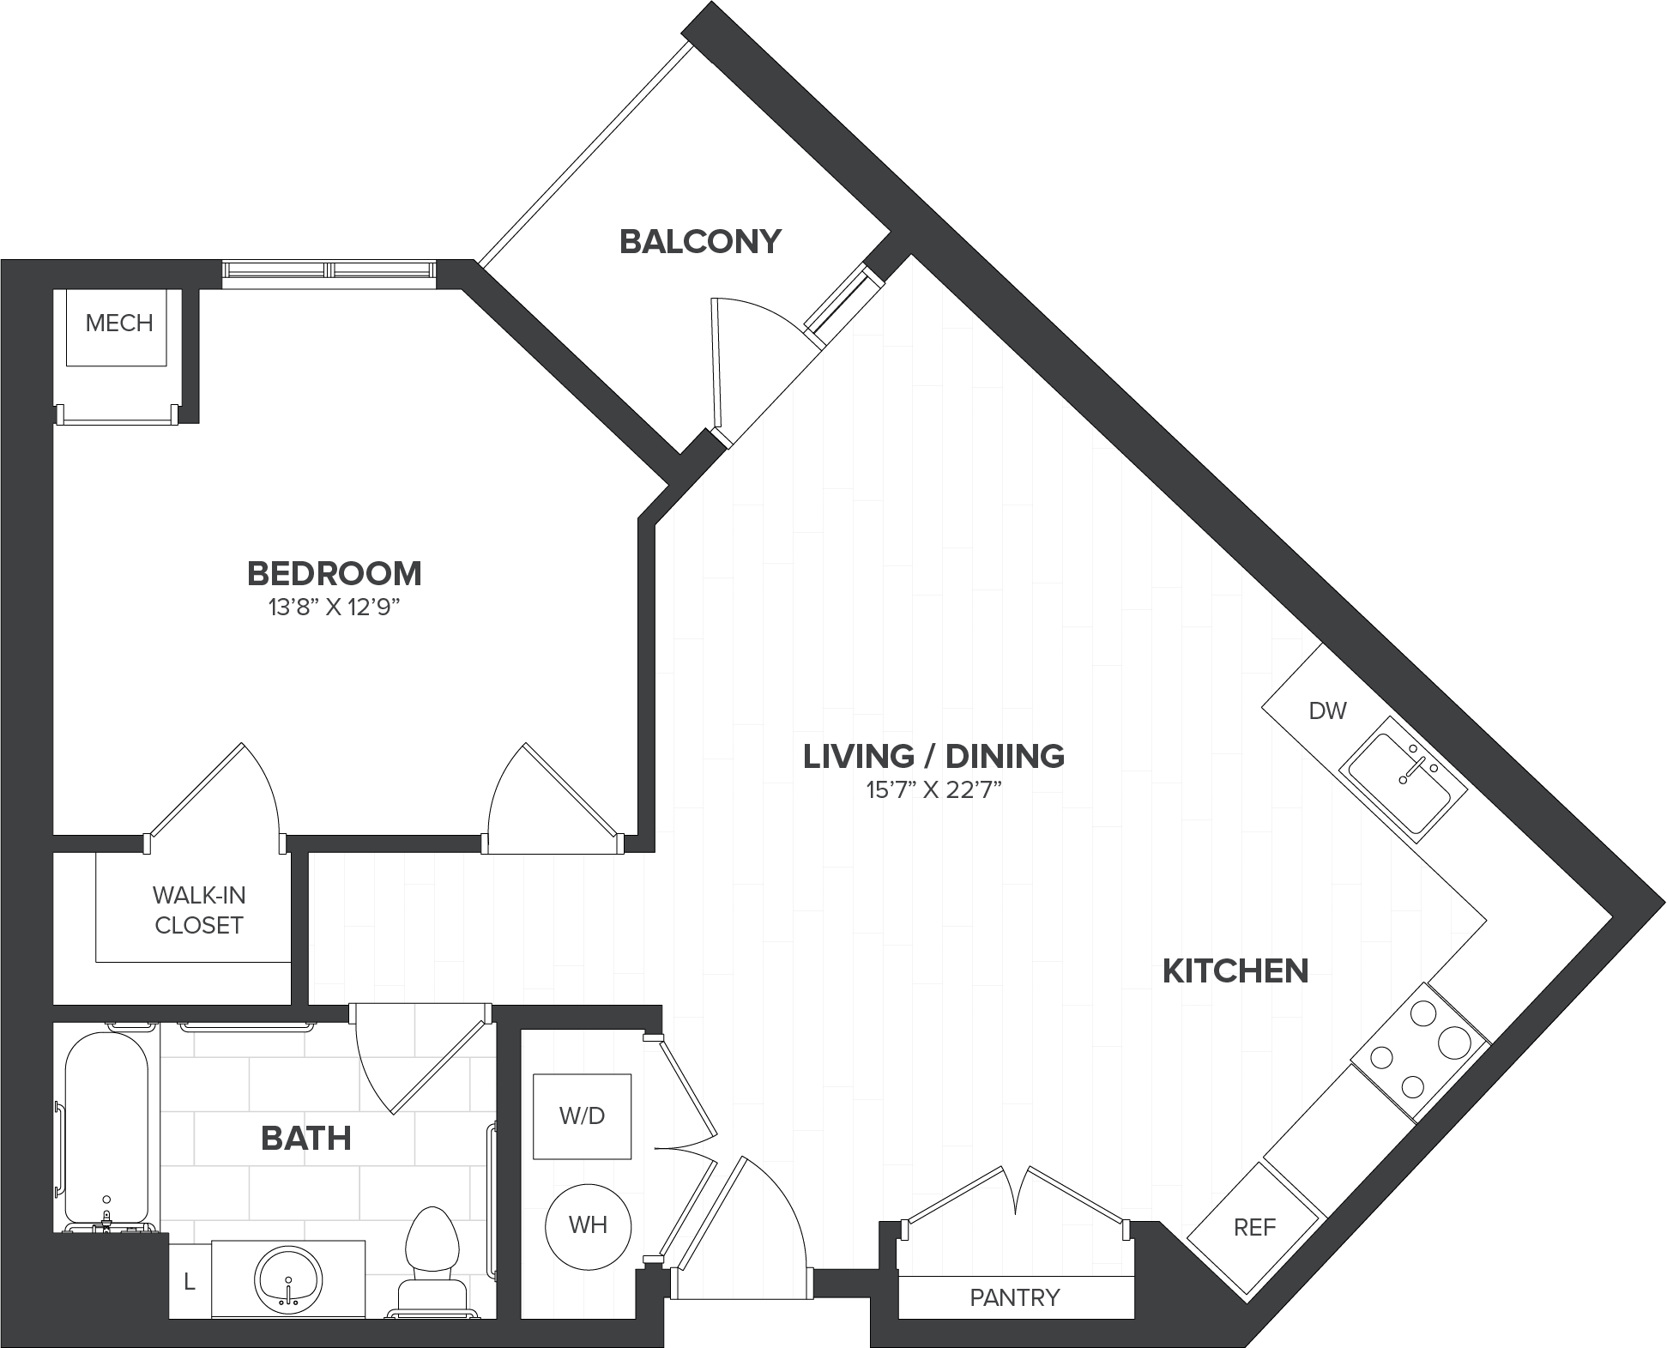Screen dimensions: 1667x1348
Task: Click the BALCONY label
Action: [700, 242]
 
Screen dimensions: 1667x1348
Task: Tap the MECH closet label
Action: [119, 323]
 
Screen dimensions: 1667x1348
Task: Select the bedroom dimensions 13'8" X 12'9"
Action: [335, 608]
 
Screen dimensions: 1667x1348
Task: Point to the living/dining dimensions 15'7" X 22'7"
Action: [934, 790]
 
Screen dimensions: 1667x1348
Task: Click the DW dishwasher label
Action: [1328, 710]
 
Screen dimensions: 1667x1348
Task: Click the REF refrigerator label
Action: [1254, 1228]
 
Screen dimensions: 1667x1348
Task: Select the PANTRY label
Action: [1015, 1297]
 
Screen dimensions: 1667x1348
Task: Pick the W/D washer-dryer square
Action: [583, 1115]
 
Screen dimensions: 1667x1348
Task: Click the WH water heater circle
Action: [589, 1225]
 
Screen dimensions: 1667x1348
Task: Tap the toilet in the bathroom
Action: [433, 1262]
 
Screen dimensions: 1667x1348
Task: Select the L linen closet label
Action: [190, 1284]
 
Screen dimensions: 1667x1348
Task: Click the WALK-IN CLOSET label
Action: [199, 910]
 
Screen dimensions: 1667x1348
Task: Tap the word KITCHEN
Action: [1235, 971]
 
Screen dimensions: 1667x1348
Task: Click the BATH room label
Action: [306, 1139]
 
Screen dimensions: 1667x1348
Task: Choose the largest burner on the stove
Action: [1456, 1044]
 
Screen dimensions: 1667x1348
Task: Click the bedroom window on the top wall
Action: [329, 270]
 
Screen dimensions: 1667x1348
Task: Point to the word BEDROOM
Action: [335, 573]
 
